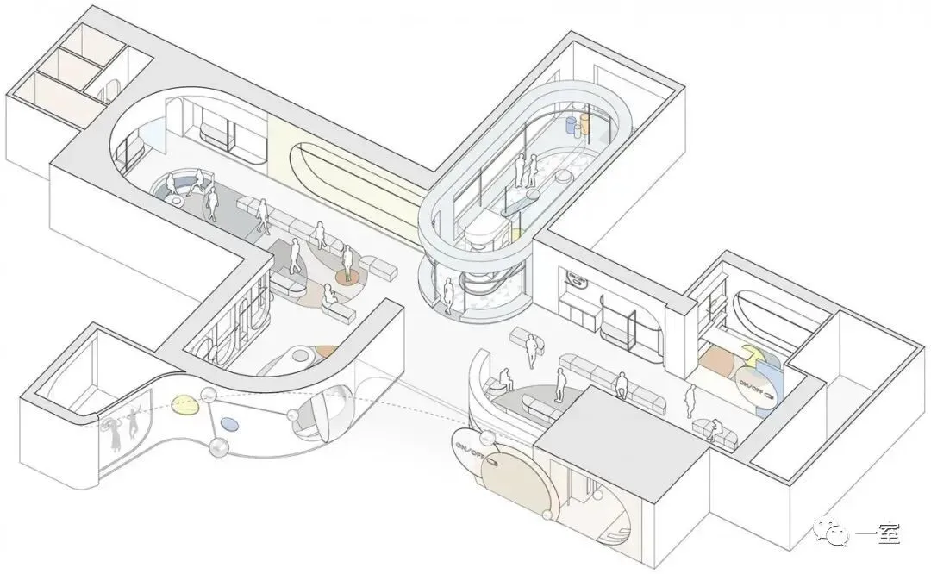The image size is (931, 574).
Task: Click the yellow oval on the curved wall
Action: click(x=184, y=403)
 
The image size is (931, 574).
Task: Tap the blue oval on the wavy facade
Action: click(x=228, y=423)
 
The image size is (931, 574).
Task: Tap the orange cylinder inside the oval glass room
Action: click(x=585, y=123)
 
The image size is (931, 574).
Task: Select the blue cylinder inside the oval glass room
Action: click(x=570, y=127)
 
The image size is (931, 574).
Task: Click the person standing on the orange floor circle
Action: click(x=347, y=262)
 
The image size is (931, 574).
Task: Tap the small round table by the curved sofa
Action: click(x=178, y=200)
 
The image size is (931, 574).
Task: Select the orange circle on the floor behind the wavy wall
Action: click(x=325, y=352)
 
